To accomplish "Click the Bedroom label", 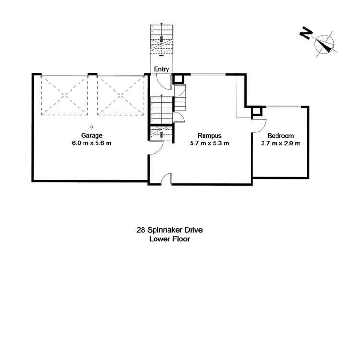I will point(281,136).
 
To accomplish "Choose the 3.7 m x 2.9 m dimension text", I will point(281,144).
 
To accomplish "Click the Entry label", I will point(161,69).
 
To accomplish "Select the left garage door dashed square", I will point(64,96).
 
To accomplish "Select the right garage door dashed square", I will point(120,96).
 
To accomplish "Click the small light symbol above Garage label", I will point(91,126).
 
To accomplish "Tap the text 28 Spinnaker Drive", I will point(169,230).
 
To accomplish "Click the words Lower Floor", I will point(169,239).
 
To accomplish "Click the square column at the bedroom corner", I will point(256,112).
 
